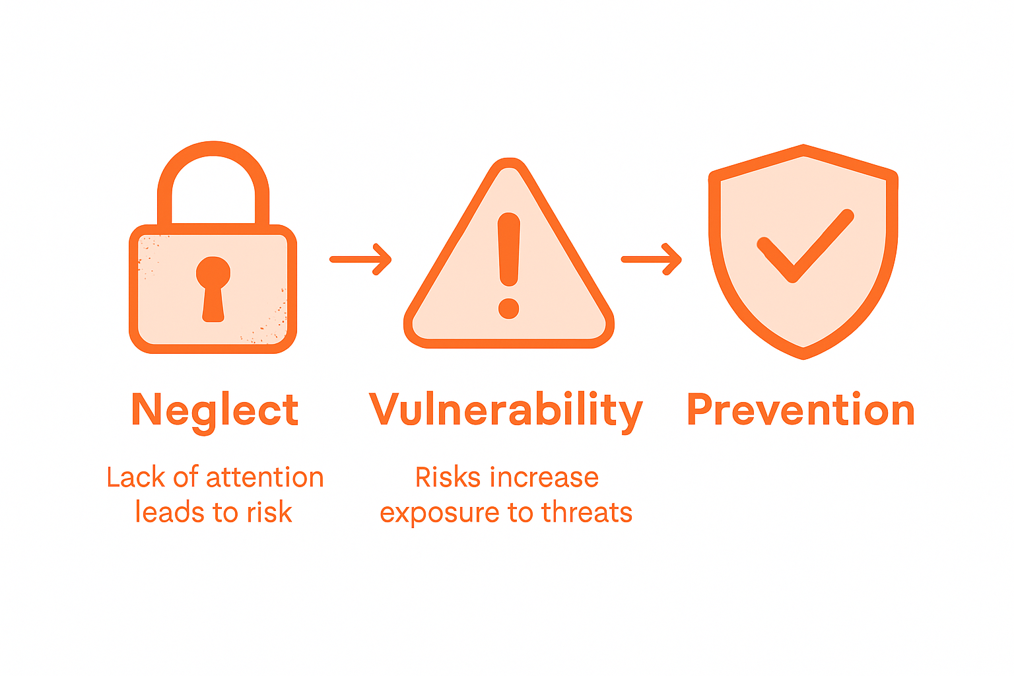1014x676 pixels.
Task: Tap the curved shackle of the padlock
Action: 213,152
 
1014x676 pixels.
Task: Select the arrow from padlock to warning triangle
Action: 361,259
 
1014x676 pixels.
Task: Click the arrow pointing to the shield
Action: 652,259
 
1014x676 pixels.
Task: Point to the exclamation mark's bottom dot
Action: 508,308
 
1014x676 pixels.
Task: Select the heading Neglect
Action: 215,411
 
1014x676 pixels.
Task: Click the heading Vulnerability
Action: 506,411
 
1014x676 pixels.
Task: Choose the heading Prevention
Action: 801,411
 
